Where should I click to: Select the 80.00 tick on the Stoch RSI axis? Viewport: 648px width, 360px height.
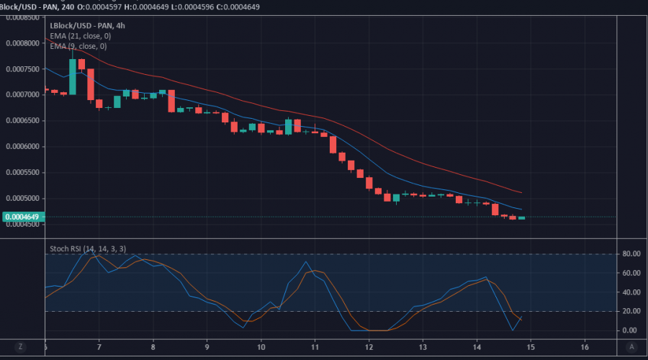[x=631, y=254]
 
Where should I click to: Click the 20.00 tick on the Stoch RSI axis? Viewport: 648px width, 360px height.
[x=631, y=312]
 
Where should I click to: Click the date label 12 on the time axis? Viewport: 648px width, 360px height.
[x=369, y=346]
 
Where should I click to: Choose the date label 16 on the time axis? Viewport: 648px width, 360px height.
[x=585, y=346]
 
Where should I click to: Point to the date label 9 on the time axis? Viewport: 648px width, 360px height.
[x=207, y=346]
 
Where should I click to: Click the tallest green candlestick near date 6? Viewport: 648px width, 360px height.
[x=72, y=76]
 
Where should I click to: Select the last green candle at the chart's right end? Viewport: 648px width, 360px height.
[x=521, y=217]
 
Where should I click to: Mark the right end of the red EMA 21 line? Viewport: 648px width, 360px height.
[x=521, y=192]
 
